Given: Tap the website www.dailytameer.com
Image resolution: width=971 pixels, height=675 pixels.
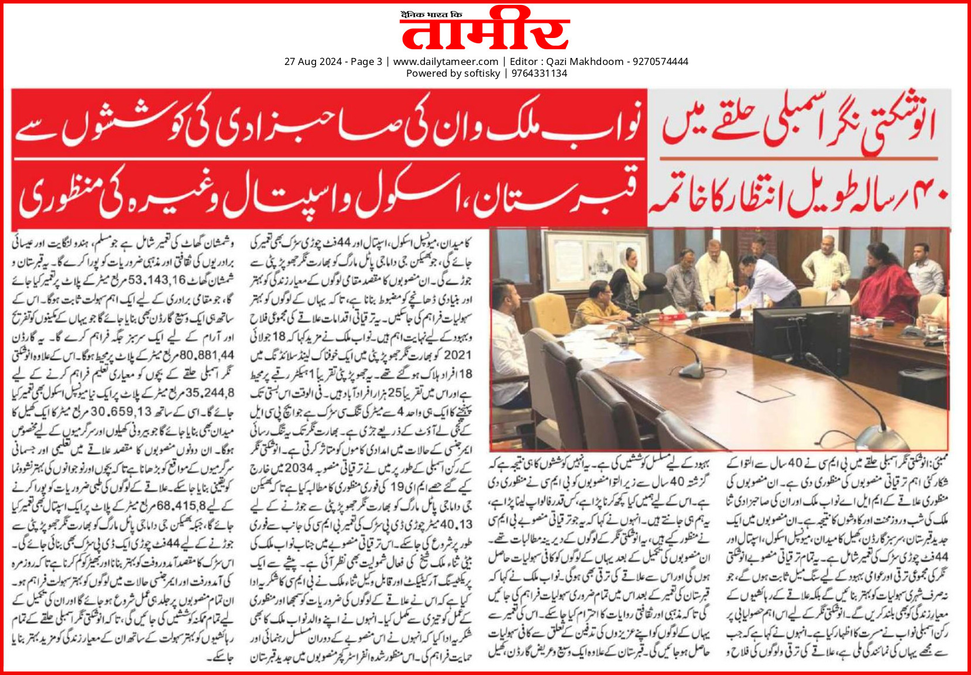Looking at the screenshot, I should coord(445,61).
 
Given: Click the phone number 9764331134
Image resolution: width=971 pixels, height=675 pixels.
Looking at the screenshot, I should coord(539,73).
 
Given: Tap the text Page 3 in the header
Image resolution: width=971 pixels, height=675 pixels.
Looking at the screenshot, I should coord(366,61).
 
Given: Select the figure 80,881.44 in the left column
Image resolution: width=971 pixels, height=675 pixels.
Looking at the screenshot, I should coord(207,354).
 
